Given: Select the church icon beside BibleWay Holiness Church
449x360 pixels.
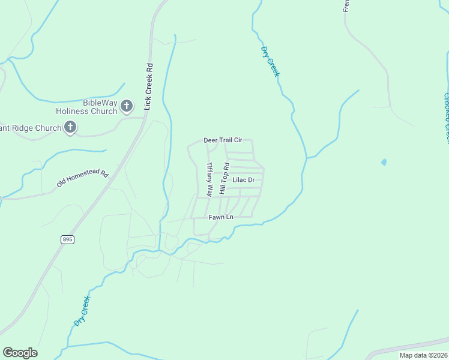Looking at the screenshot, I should point(126,106).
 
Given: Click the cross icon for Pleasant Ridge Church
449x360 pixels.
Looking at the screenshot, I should point(70,127).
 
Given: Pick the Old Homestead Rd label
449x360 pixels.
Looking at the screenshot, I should point(82,179).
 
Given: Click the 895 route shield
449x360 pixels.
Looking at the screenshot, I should point(68,239).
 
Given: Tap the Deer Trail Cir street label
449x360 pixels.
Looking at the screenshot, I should point(223,140).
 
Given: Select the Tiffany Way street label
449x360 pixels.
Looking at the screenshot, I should point(209,179).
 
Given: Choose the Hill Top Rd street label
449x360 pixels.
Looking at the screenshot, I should point(223,178).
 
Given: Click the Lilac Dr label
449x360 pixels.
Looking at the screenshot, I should point(244,179).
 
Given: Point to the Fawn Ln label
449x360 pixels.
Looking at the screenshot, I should point(221,217).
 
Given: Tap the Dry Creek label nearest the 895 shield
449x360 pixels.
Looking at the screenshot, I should point(82,311).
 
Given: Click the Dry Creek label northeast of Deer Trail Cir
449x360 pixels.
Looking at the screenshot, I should point(270,61).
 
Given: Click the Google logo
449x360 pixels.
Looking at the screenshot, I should point(20,353).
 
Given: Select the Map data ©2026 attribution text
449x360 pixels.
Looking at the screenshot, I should point(423,355).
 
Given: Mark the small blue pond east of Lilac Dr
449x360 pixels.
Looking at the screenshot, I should point(384,162).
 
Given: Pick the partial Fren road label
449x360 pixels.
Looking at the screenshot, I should point(346,6).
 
